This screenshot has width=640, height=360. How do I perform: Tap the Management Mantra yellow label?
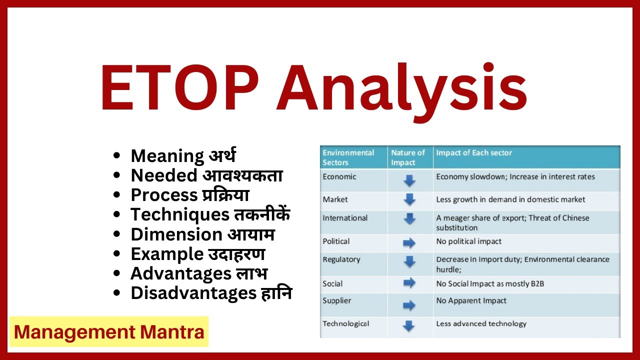point(109,332)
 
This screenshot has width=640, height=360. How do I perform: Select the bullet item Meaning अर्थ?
point(183,155)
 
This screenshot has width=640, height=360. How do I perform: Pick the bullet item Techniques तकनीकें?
point(210,214)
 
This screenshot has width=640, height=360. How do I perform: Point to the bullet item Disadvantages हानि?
point(211,293)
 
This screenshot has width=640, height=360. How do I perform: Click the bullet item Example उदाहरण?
point(197,254)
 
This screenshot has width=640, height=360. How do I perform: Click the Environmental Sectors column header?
point(348,157)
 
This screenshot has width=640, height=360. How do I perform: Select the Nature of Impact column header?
point(407,157)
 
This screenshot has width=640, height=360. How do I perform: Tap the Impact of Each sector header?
point(474,153)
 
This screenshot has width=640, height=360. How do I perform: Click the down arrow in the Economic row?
point(409,180)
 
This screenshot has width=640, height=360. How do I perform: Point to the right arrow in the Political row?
point(409,243)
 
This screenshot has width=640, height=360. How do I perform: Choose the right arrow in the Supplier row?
point(409,305)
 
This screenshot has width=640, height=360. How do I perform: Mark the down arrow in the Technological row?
point(409,326)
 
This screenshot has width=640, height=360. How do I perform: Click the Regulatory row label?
point(341,259)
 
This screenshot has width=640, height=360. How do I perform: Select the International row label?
point(345,218)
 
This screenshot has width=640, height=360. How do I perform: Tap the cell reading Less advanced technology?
point(481,323)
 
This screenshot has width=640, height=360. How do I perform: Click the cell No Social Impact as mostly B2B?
point(490,284)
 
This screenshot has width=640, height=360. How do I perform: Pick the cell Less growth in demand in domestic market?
point(510,199)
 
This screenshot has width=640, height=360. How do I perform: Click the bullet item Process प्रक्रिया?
point(190,195)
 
